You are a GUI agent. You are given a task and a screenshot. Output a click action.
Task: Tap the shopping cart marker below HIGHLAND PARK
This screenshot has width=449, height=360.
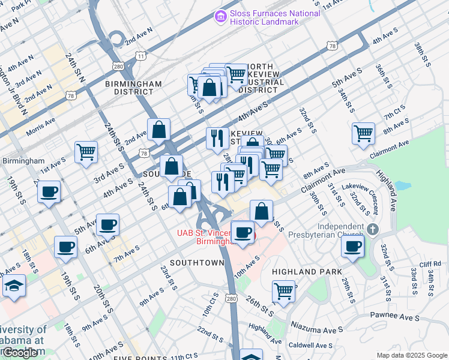283,292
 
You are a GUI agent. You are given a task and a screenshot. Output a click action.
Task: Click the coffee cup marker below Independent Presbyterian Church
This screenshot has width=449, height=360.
352,245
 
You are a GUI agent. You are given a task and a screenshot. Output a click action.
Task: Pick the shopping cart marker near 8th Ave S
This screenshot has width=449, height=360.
363,133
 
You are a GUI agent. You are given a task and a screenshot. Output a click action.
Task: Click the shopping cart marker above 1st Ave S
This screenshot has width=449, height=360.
86,152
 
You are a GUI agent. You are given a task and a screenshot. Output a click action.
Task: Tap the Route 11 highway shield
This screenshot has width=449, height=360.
140,55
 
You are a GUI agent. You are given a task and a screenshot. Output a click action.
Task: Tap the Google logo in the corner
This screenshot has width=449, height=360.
20,352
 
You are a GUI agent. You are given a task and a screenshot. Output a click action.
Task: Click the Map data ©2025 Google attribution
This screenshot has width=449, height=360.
411,355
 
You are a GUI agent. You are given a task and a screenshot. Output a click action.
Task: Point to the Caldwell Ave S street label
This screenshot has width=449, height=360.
310,346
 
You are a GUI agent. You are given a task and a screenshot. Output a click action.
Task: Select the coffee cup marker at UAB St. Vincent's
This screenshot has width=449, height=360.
243,232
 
